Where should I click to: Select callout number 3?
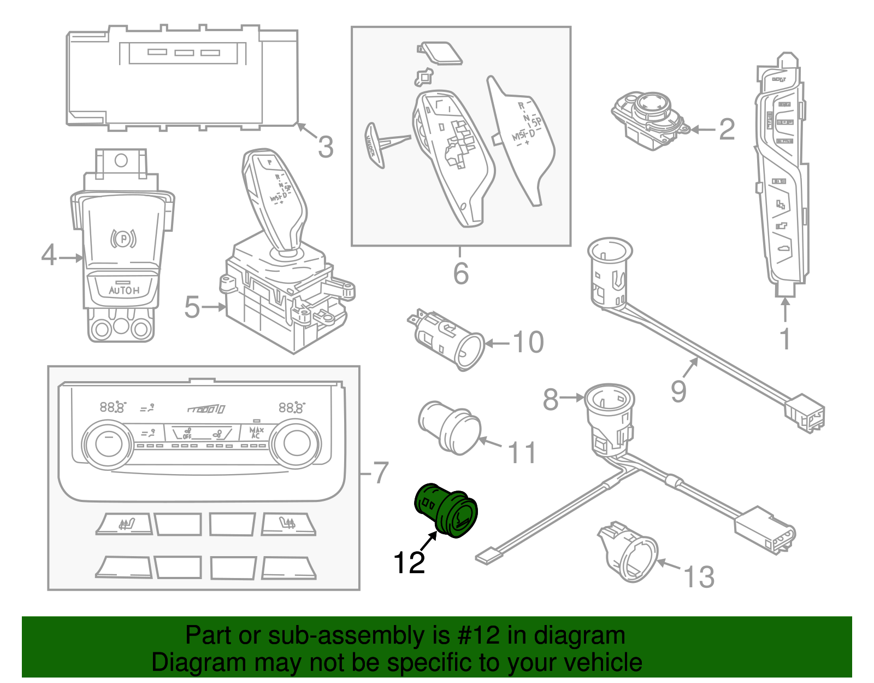click(326, 147)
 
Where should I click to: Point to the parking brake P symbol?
click(123, 238)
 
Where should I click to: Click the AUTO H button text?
click(124, 290)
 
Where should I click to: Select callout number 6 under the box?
click(460, 273)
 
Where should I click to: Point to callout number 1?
click(785, 339)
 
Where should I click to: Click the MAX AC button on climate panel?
click(256, 433)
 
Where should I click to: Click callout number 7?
click(380, 472)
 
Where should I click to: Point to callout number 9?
click(678, 391)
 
